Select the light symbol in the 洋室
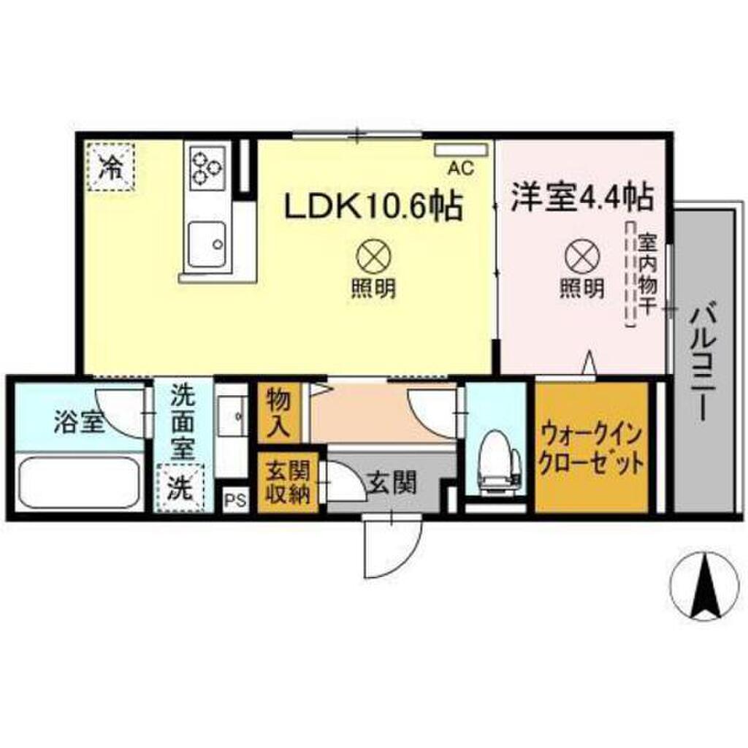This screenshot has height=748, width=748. click(x=582, y=256)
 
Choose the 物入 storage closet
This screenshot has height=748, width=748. click(x=278, y=413)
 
